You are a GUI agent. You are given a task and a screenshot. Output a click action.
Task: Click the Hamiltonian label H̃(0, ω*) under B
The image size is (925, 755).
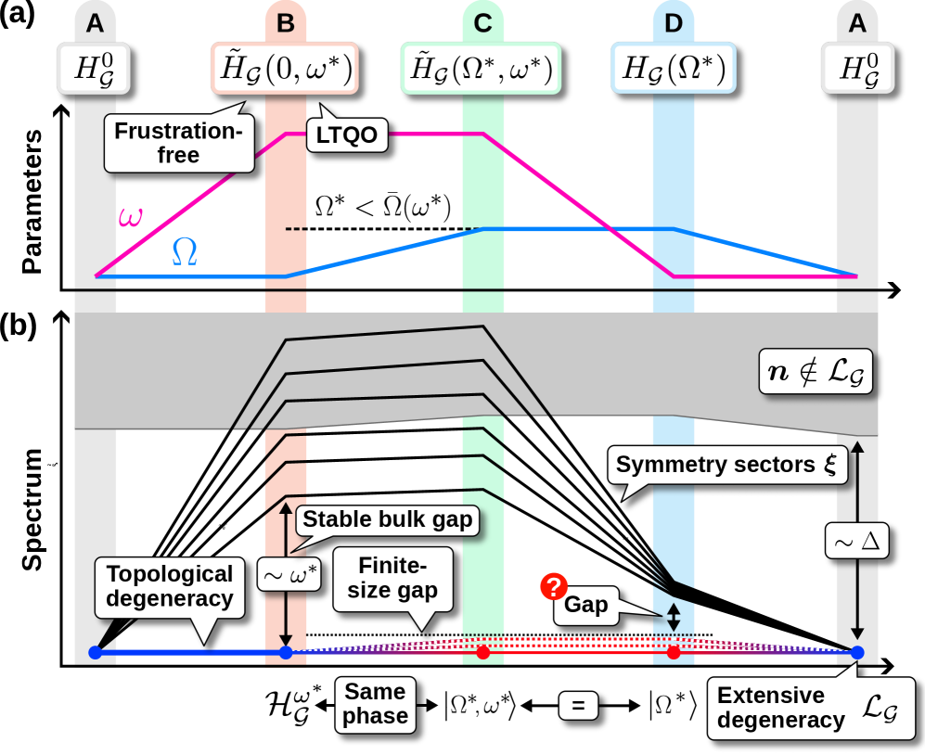click(285, 69)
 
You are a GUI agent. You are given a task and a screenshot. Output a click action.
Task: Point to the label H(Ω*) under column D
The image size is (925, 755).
click(673, 69)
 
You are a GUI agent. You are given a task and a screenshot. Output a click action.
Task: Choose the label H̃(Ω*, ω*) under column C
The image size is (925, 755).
click(482, 69)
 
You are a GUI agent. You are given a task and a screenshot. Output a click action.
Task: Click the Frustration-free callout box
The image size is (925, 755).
click(178, 143)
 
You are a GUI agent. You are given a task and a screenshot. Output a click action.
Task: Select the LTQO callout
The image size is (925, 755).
click(345, 135)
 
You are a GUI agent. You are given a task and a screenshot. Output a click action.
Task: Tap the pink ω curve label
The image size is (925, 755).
click(131, 217)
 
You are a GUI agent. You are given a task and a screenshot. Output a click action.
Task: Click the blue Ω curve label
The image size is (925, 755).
click(185, 251)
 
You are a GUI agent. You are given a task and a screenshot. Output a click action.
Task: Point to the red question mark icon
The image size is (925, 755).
click(553, 586)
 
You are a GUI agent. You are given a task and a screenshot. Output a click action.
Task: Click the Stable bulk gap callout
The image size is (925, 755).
click(389, 519)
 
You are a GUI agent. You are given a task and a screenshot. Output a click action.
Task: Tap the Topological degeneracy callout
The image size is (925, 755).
click(169, 586)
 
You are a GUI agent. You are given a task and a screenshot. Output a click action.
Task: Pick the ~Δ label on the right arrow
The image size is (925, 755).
click(856, 539)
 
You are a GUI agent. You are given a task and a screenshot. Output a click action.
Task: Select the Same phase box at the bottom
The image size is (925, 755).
click(376, 704)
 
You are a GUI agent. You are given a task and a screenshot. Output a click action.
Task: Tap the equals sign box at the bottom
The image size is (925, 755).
click(578, 706)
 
